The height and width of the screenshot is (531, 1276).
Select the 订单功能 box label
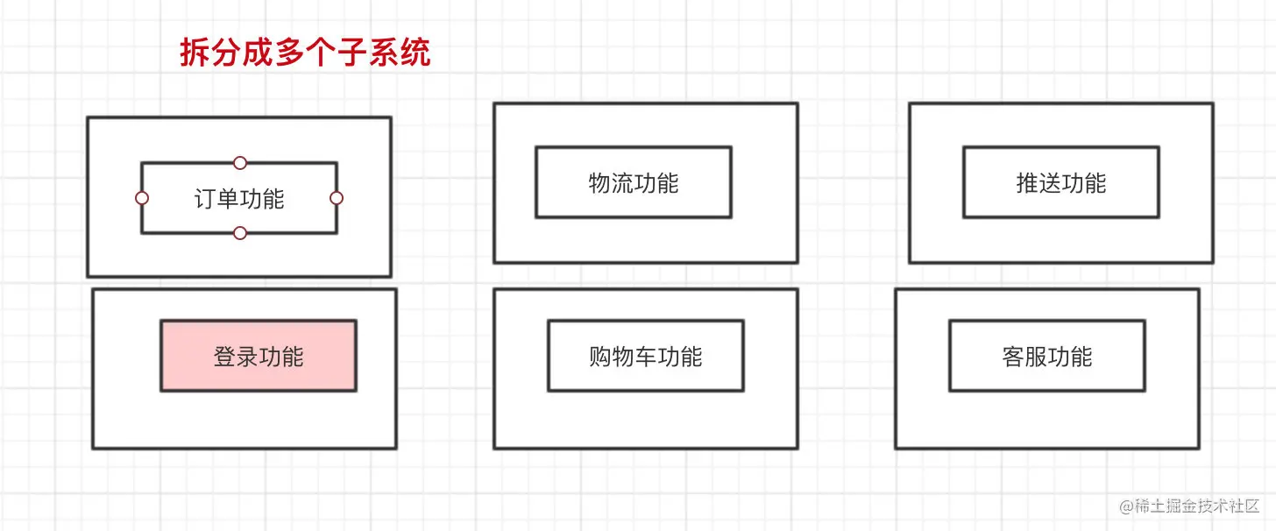(x=239, y=199)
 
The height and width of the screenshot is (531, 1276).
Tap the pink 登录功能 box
(x=259, y=357)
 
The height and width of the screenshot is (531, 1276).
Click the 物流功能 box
(x=634, y=183)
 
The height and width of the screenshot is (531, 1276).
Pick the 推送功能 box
(x=1061, y=183)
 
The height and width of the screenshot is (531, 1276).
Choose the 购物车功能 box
(x=646, y=357)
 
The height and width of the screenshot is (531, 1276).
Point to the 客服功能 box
(x=1047, y=357)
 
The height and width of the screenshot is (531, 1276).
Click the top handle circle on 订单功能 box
(x=240, y=163)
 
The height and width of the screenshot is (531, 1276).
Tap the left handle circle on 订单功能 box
(x=142, y=198)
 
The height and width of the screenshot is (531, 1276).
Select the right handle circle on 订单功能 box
(x=337, y=198)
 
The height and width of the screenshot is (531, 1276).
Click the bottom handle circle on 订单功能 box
(x=240, y=233)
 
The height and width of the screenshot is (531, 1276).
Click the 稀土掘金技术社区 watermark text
(x=1197, y=507)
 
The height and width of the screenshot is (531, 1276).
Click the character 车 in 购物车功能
(x=646, y=357)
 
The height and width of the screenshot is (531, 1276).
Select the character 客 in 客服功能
(x=1013, y=357)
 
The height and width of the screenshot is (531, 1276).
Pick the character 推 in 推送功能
(x=1027, y=183)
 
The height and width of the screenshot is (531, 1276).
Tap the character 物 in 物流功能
(x=599, y=183)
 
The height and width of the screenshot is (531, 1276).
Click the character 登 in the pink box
(x=224, y=357)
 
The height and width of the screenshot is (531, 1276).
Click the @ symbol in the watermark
(x=1126, y=507)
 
